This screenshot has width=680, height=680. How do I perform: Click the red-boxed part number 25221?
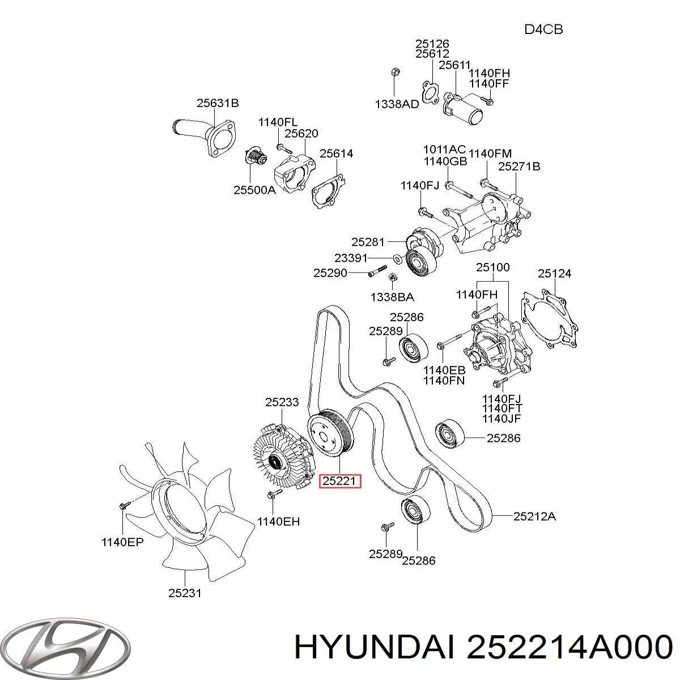(339, 481)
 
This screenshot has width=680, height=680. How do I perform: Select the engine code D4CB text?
(543, 29)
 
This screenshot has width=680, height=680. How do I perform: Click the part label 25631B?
(218, 103)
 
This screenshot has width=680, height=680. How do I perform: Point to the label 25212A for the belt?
(535, 516)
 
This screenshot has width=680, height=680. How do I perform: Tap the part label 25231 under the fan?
(185, 593)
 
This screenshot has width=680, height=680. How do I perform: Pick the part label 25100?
(492, 267)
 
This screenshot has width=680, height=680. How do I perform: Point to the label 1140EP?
(122, 542)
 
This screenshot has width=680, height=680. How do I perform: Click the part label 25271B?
(519, 167)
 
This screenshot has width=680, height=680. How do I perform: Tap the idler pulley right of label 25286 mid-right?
(450, 435)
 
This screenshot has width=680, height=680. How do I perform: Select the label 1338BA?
(392, 296)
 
